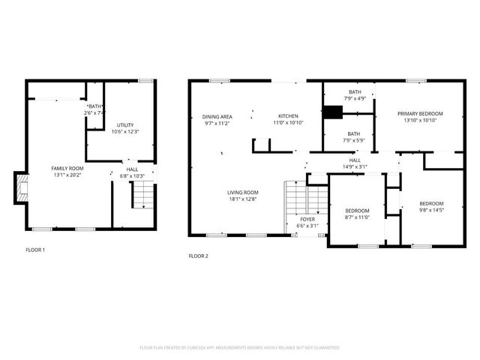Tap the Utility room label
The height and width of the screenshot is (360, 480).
(x=125, y=124)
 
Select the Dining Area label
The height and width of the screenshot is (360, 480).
(x=217, y=116)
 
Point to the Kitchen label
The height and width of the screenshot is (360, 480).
(x=288, y=116)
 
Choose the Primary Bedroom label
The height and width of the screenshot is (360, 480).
(x=420, y=113)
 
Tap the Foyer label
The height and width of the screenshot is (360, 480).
(x=308, y=219)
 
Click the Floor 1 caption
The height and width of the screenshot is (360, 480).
(x=35, y=249)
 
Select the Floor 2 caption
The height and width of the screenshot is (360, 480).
(x=199, y=256)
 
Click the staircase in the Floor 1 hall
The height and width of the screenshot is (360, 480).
(x=142, y=196)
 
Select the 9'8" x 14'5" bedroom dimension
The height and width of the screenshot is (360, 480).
(x=431, y=210)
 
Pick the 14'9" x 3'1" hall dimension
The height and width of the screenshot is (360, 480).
(x=355, y=166)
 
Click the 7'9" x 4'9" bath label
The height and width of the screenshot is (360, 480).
(x=355, y=98)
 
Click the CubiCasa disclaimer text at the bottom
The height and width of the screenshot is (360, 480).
(x=240, y=348)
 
